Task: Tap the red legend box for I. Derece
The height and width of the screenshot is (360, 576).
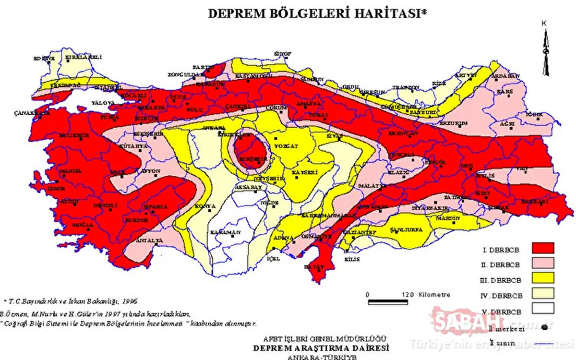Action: coord(543,248)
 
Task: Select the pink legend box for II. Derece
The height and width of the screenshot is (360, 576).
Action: coord(543,263)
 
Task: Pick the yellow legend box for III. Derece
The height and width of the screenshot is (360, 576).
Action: coord(543,277)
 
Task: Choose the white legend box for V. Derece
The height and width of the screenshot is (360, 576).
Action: coord(543,308)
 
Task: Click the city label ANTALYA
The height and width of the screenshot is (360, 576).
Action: coord(150,240)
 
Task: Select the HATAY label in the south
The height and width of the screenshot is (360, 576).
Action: coord(317,266)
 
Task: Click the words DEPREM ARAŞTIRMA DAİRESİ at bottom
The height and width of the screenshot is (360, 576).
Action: coord(321,348)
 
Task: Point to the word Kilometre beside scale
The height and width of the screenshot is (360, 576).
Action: coord(434,294)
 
